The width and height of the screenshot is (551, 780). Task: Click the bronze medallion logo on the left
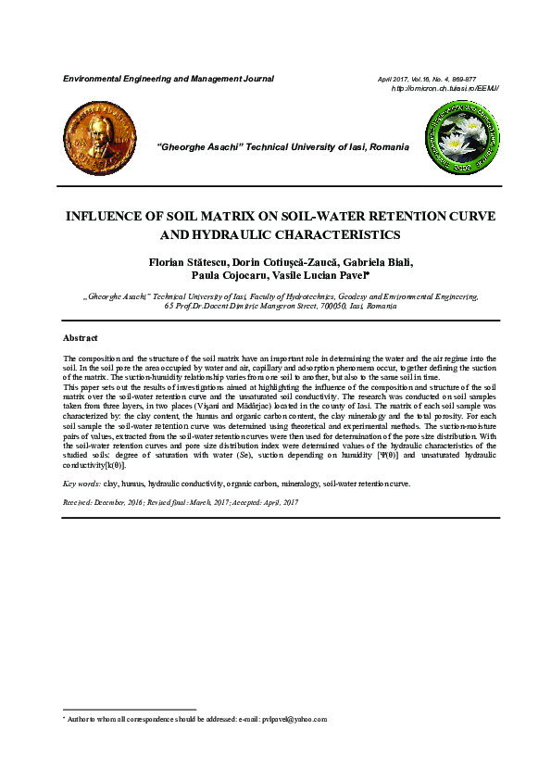[96, 140]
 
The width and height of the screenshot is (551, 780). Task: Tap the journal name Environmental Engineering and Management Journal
[168, 79]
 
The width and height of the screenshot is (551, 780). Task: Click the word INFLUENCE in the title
[108, 216]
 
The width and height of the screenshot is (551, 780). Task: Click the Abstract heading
[80, 338]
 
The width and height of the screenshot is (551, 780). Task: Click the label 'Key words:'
[81, 484]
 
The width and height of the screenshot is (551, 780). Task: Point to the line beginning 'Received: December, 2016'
[180, 501]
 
